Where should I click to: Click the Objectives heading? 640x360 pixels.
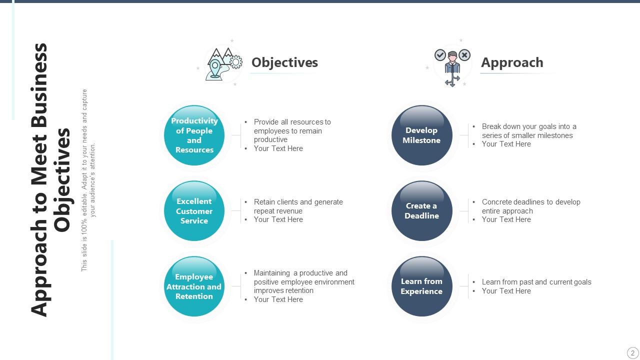point(284,62)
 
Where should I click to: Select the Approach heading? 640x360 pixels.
point(512,62)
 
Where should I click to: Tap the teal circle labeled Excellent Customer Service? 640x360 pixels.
point(194,210)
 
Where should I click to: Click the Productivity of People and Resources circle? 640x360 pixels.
point(194,135)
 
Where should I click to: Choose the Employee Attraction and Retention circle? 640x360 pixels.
point(194,286)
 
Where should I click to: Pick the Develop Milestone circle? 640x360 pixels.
point(421,135)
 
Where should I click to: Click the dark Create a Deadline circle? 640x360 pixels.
point(421,210)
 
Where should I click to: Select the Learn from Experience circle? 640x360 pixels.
point(421,286)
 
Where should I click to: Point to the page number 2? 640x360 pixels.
point(632,352)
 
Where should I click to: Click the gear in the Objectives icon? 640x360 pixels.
point(235,62)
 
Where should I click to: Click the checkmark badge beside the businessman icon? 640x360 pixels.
point(440,55)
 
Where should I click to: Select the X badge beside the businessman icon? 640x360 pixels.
point(464,55)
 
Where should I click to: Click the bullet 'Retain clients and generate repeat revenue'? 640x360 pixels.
point(298,206)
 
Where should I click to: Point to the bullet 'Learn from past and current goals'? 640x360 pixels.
point(536,282)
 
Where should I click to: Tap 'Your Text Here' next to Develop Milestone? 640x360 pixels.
point(506,144)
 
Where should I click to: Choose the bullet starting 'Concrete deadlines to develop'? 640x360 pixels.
point(530,206)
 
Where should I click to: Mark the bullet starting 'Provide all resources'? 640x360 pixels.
point(292,130)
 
